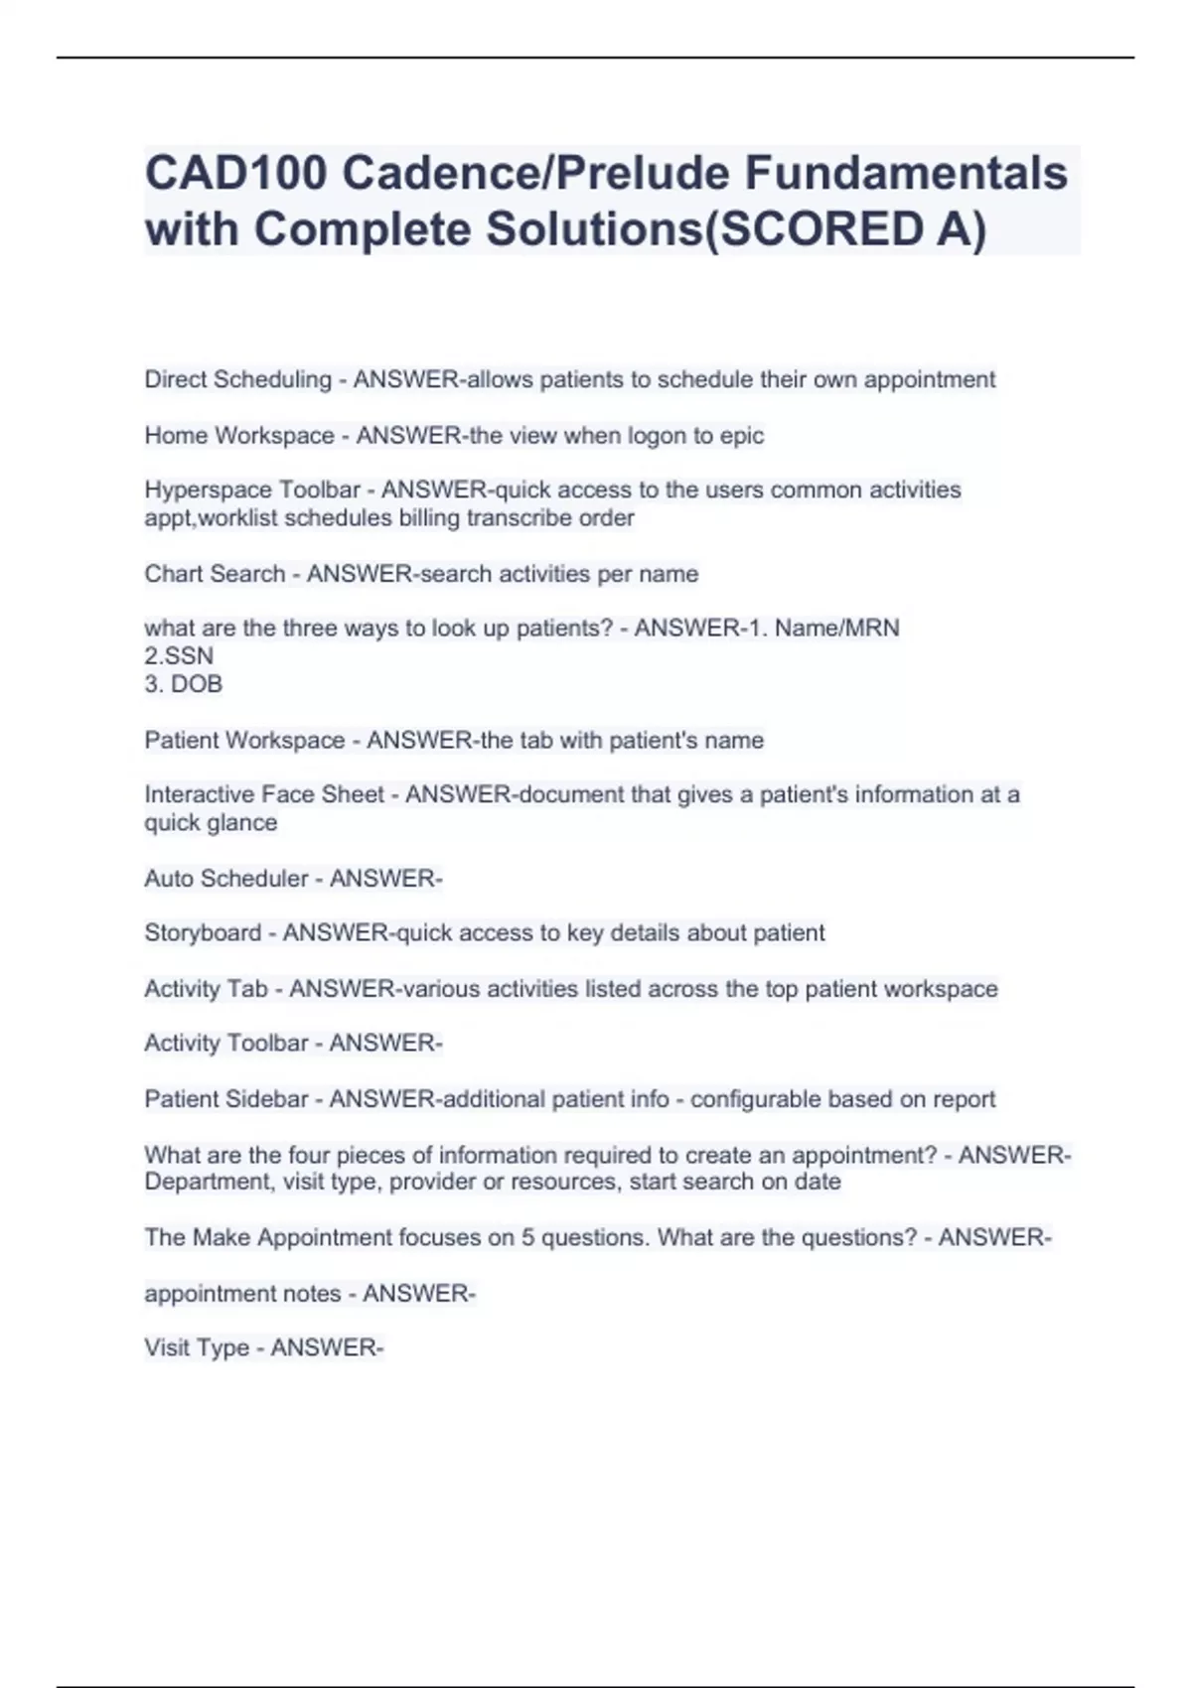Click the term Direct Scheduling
pos(237,379)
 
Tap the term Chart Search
pos(215,574)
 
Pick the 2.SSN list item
pos(179,655)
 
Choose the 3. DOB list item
pos(183,684)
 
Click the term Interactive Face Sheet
pos(264,794)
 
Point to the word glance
pos(242,822)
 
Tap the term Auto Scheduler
pos(226,879)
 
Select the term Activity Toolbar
pos(226,1044)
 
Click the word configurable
pos(755,1099)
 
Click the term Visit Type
pos(197,1348)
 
